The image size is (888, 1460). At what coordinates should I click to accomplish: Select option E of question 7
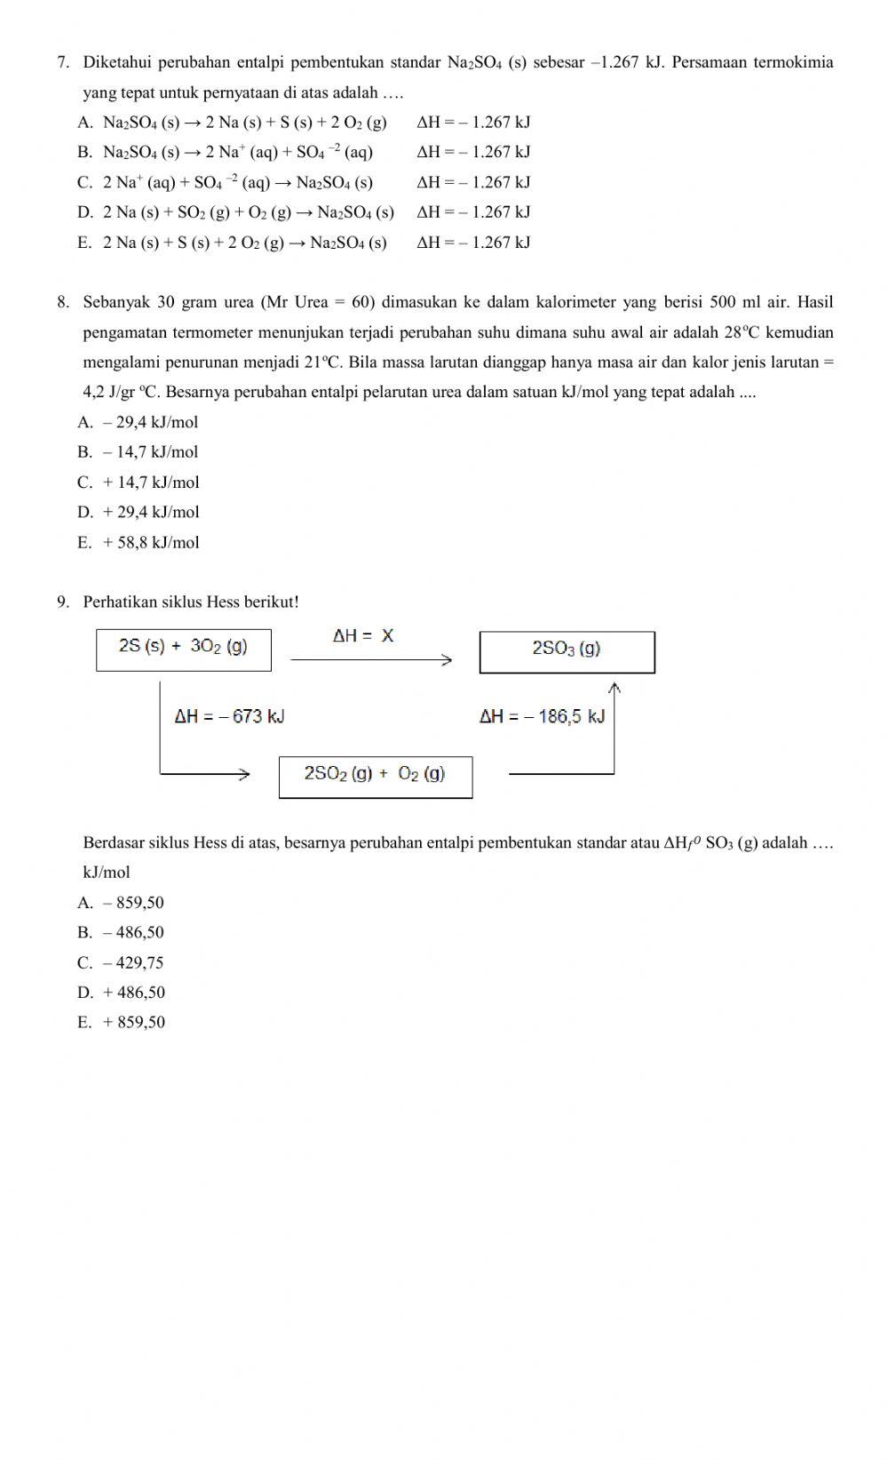244,243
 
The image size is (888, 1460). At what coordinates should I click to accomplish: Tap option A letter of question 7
84,123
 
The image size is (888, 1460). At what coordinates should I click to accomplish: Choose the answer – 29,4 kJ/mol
150,422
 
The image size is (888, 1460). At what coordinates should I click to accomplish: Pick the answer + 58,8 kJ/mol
151,542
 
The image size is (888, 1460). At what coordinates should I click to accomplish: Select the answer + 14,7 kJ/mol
151,483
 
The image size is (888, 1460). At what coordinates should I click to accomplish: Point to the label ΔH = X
363,636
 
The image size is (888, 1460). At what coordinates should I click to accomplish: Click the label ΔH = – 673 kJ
229,716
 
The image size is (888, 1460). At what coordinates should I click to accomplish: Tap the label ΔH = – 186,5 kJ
542,716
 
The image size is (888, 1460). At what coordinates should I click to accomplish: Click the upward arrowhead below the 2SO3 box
614,686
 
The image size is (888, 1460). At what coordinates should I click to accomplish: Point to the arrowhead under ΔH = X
448,659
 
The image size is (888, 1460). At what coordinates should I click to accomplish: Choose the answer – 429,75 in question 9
133,962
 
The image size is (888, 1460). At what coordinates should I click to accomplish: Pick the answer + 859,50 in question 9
133,1022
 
